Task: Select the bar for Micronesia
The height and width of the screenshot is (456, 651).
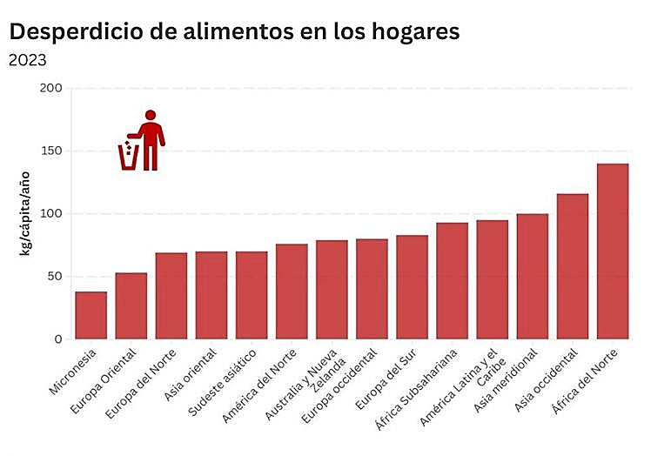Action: point(91,315)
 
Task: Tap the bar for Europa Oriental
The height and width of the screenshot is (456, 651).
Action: point(131,305)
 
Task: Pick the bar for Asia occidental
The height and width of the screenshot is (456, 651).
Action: point(573,266)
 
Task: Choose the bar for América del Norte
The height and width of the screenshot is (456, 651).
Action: point(292,292)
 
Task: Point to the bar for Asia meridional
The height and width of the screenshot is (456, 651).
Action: point(533,276)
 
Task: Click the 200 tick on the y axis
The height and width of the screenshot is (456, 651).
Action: point(51,88)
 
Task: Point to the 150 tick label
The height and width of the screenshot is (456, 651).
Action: point(51,151)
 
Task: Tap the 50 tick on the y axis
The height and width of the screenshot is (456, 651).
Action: point(55,277)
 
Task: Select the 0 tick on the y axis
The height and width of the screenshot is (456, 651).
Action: point(58,339)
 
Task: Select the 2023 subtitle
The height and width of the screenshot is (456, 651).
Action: point(27,60)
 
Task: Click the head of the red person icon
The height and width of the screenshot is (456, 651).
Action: point(151,115)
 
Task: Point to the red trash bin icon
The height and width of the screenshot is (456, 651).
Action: point(129,157)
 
